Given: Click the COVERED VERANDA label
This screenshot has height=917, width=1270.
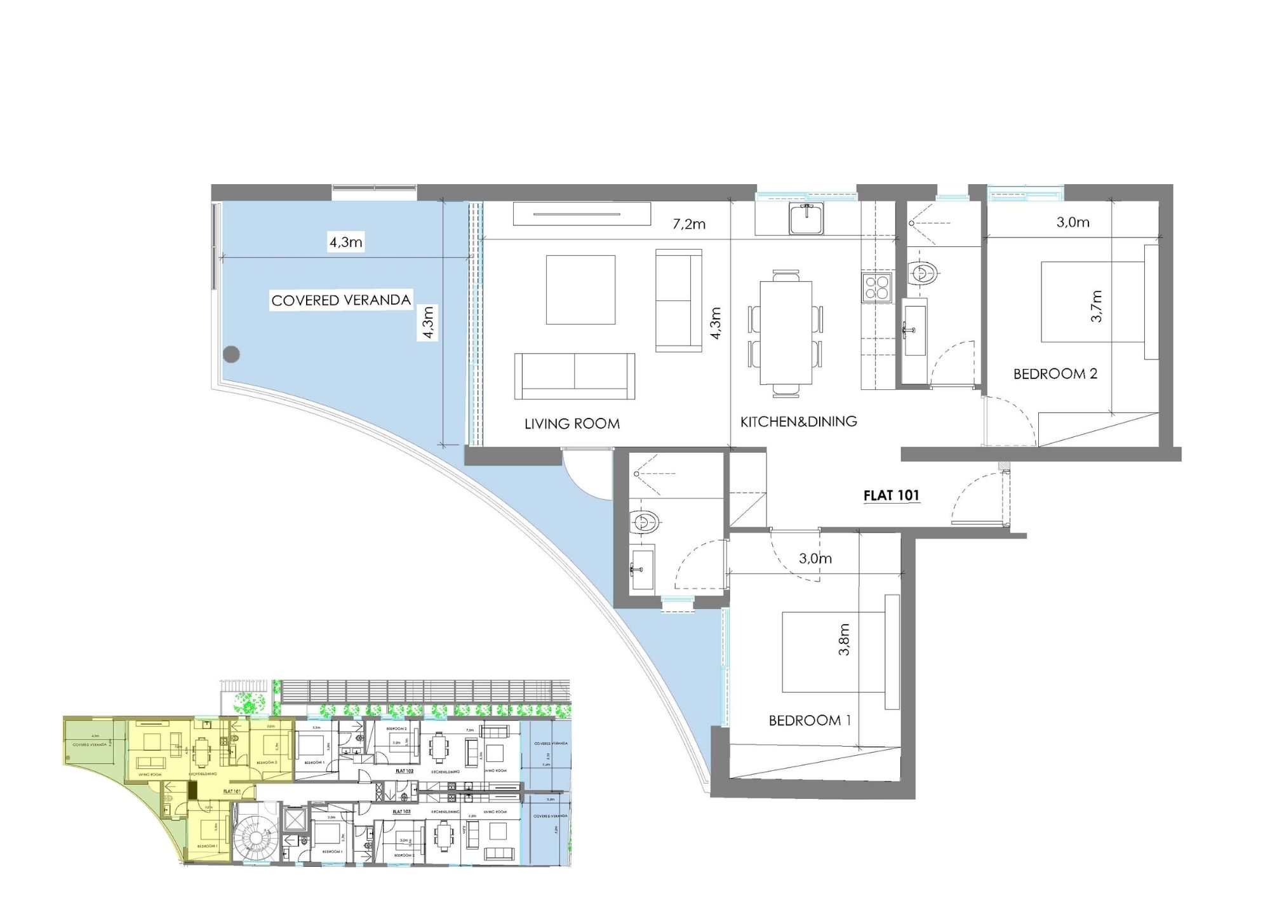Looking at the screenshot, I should tap(341, 300).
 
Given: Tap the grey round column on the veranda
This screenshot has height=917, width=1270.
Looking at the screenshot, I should tap(232, 354).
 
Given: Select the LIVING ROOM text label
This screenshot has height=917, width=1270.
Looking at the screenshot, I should tap(571, 424).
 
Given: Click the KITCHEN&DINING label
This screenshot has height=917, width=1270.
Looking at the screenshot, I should tap(798, 421).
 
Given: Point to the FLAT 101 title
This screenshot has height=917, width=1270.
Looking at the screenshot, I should tap(891, 495).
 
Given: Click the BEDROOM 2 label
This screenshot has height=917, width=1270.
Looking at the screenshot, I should tap(1055, 373).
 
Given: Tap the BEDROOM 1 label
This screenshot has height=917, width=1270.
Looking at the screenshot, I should tap(810, 720).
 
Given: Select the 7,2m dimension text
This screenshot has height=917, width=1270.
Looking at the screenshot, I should tap(689, 224).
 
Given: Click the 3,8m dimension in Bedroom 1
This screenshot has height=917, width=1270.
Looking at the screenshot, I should tap(844, 639).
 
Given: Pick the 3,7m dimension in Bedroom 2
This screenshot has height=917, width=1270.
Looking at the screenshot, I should tap(1097, 306).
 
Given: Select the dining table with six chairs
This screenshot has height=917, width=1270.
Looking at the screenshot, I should tap(786, 333).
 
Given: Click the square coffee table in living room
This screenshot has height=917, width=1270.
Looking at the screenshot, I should tap(580, 290).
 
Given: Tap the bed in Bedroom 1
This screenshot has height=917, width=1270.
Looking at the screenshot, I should tap(832, 652).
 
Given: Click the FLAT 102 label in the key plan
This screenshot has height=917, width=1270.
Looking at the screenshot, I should tap(404, 771).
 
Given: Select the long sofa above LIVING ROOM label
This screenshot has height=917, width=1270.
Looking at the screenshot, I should tap(575, 376).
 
